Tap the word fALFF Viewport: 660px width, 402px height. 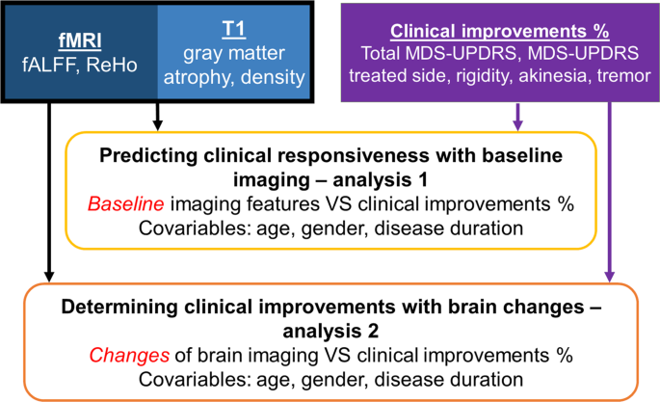pos(48,68)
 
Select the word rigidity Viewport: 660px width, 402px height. pos(468,73)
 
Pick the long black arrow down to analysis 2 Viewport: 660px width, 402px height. pos(47,193)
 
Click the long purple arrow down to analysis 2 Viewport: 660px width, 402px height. pos(609,193)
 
